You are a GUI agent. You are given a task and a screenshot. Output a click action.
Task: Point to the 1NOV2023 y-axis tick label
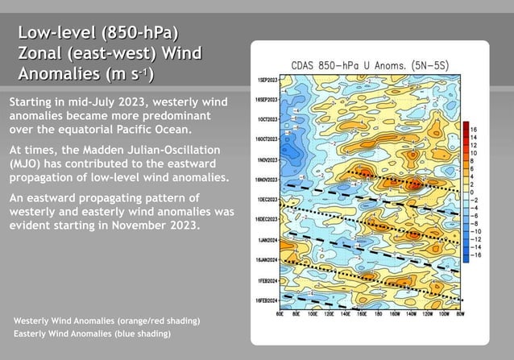tap(267, 159)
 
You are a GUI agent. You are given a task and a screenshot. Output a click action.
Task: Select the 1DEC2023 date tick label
tap(267, 199)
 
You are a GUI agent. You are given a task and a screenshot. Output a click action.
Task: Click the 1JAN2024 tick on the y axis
tap(267, 239)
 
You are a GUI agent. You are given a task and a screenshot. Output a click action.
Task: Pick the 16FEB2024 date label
tap(266, 300)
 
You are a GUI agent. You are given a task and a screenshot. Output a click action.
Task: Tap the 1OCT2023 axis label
tap(267, 119)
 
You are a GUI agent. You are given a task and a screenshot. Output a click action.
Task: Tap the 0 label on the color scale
tap(472, 191)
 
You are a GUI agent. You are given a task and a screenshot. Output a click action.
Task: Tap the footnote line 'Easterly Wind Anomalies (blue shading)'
tap(93, 333)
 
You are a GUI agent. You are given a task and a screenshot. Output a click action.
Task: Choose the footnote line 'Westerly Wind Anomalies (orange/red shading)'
tap(106, 321)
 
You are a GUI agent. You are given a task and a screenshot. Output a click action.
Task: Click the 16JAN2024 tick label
tap(266, 259)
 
